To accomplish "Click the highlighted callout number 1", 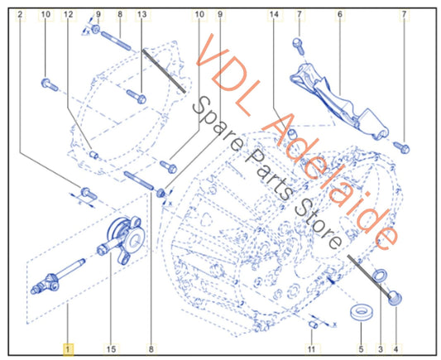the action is click(68, 349).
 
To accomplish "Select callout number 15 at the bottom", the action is click(111, 349).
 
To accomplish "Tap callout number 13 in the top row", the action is click(142, 14).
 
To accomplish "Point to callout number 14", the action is click(274, 14).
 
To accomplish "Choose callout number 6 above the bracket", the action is click(340, 14).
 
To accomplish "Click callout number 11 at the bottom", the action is click(311, 349).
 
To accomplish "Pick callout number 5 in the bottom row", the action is click(361, 349).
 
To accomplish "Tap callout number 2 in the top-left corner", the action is click(20, 14).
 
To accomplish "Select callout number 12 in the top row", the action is click(69, 14).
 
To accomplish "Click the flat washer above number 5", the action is click(361, 313).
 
